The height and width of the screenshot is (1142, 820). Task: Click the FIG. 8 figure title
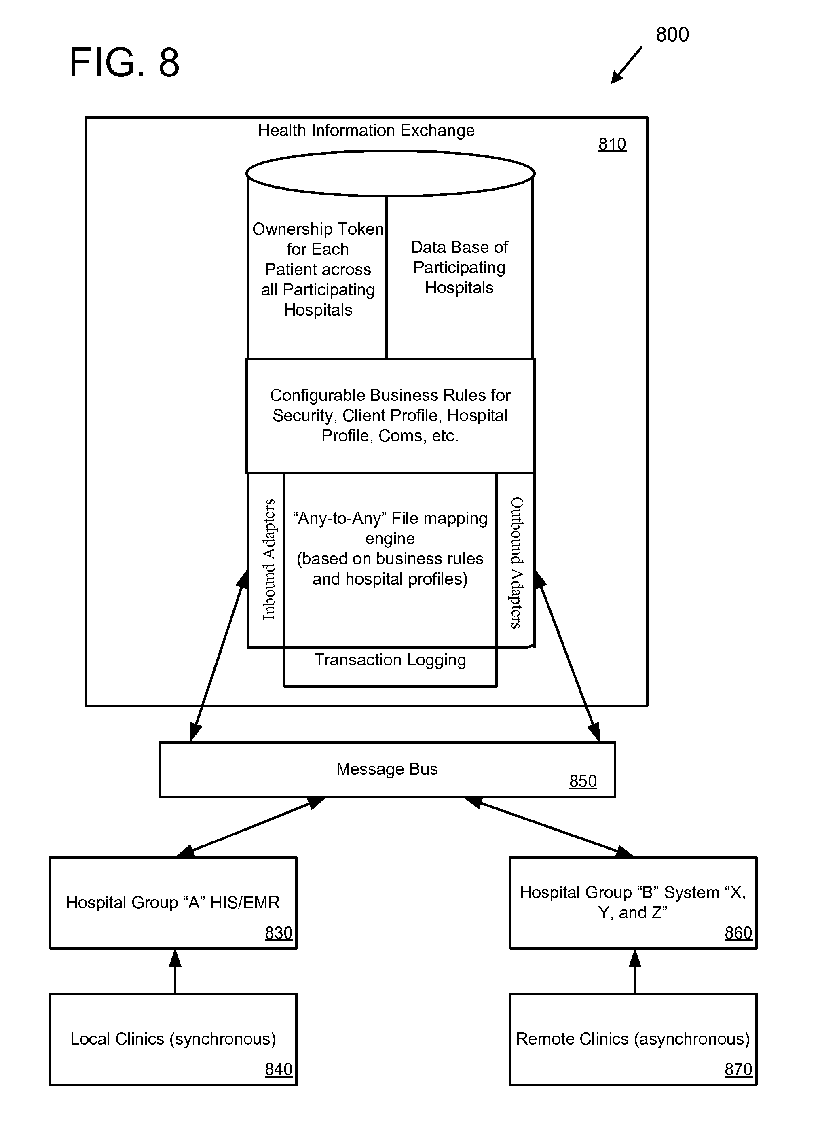point(124,62)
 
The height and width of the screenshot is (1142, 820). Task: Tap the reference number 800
point(672,35)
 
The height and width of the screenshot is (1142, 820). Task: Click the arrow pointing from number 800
point(627,65)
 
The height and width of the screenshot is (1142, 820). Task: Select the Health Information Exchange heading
point(366,130)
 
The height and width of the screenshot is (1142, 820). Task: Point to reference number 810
point(612,144)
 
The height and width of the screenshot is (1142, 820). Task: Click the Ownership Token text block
point(318,269)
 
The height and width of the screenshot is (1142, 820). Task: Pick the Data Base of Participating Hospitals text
point(459,267)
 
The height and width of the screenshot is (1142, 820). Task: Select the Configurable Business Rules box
point(390,416)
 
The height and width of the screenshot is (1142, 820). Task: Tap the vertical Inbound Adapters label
point(269,559)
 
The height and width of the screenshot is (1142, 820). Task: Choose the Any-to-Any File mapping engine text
point(390,548)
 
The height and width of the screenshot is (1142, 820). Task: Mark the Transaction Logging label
point(390,660)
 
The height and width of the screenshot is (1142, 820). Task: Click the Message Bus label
point(387,769)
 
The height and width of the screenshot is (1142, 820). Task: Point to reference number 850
point(583,781)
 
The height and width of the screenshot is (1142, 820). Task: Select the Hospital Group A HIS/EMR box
point(173,903)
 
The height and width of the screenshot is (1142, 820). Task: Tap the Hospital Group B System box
point(633,903)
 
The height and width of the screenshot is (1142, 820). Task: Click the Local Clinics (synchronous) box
point(173,1039)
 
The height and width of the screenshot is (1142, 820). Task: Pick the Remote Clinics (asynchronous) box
point(633,1039)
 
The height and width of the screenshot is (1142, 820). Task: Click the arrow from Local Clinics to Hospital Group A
point(175,971)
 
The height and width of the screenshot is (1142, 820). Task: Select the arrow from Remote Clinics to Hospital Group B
point(635,971)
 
